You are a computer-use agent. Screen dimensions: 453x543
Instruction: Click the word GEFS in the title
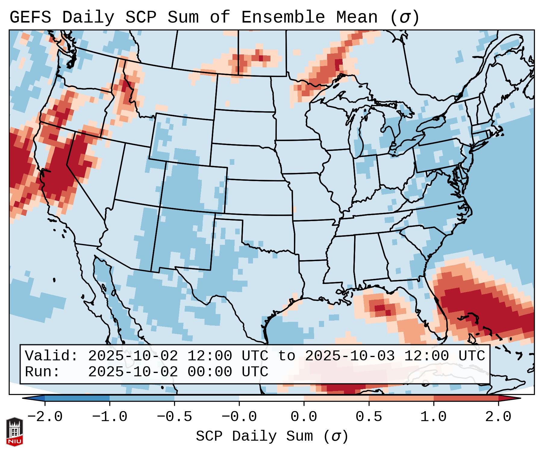coord(30,17)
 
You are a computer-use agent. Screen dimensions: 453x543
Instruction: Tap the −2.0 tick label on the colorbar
coord(45,417)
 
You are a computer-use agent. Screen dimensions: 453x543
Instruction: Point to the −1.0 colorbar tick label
coord(110,417)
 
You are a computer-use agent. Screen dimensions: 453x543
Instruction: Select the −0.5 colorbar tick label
coord(174,417)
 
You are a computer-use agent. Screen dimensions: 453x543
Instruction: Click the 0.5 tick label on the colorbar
coord(369,417)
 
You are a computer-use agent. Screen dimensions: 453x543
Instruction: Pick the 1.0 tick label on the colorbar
coord(433,417)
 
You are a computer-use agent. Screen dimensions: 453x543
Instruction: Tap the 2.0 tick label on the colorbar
coord(498,417)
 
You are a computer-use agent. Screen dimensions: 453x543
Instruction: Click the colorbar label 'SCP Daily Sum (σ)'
coord(272,436)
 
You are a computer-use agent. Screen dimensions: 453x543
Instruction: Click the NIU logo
coord(14,432)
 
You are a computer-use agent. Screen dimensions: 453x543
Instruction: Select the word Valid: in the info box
coord(51,356)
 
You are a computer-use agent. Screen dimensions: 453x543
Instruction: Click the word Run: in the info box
coord(42,372)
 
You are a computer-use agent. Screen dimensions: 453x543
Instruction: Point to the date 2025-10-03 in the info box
coord(350,356)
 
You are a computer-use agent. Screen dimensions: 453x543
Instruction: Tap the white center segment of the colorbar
coord(271,398)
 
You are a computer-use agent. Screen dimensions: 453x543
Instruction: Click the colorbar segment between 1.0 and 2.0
coord(466,398)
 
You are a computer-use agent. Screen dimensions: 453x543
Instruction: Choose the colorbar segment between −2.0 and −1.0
coord(77,398)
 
